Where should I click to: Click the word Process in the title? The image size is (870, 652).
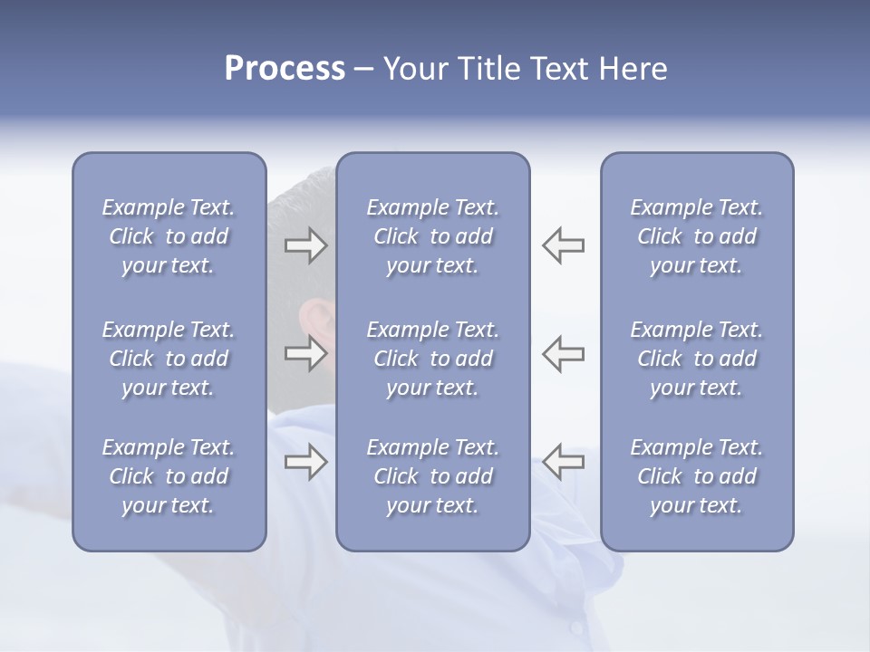pyautogui.click(x=285, y=69)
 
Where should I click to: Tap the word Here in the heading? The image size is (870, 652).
pyautogui.click(x=633, y=69)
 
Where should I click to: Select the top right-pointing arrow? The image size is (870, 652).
pyautogui.click(x=306, y=245)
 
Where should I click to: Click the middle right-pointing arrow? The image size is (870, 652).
pyautogui.click(x=306, y=353)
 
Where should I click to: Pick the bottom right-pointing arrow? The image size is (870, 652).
pyautogui.click(x=306, y=463)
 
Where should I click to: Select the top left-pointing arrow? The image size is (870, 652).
pyautogui.click(x=563, y=245)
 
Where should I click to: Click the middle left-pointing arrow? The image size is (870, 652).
pyautogui.click(x=563, y=353)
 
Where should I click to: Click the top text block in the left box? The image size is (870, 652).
pyautogui.click(x=169, y=236)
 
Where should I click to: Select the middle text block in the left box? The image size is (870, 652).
pyautogui.click(x=169, y=359)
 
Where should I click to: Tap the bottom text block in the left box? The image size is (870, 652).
pyautogui.click(x=169, y=476)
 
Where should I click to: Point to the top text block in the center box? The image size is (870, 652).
pyautogui.click(x=432, y=236)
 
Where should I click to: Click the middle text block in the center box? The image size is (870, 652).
pyautogui.click(x=432, y=359)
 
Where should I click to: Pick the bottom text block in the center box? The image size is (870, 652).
pyautogui.click(x=432, y=476)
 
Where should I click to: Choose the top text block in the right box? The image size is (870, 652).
pyautogui.click(x=697, y=236)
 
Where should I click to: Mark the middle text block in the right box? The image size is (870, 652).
pyautogui.click(x=697, y=359)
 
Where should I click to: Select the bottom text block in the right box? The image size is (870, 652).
pyautogui.click(x=697, y=476)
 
